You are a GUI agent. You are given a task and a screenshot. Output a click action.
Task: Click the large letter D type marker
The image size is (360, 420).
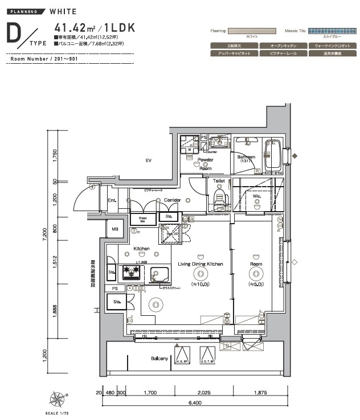coord(17,35)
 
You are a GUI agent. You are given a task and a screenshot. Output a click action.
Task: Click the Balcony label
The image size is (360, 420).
coord(159,359)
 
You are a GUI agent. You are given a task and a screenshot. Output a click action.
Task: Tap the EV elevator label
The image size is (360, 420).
coord(148,161)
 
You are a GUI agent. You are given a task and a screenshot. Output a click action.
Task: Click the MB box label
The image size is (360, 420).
coord(114,229)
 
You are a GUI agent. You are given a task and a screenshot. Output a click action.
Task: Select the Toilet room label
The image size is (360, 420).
coord(219,181)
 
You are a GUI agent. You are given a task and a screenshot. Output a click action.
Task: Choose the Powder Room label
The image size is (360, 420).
coord(205,164)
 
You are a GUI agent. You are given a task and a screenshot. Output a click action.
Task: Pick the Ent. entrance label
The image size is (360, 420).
coord(112,200)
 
